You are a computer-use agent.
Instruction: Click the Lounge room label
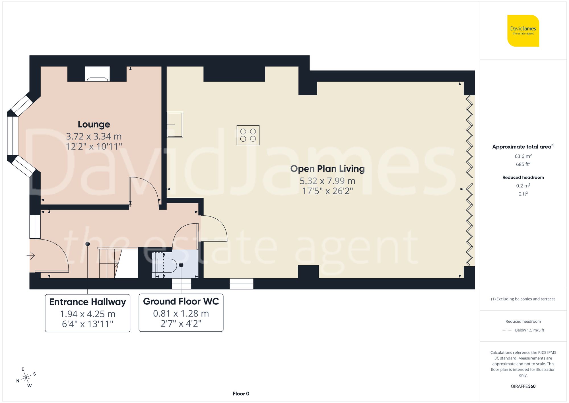click(94, 124)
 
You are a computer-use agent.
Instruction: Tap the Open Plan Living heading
click(327, 169)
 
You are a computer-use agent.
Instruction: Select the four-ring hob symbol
click(248, 135)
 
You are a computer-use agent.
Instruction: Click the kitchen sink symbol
click(175, 125)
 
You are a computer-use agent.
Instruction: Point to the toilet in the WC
click(168, 266)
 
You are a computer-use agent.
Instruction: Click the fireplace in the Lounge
click(97, 75)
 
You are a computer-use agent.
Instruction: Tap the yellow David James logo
click(523, 31)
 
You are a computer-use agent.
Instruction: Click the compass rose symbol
click(26, 378)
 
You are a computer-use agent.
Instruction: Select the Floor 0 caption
click(241, 394)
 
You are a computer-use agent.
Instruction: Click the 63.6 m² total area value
click(523, 156)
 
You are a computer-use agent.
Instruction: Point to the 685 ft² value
click(523, 164)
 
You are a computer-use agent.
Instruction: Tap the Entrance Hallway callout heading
click(87, 302)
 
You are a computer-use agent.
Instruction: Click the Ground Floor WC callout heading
click(181, 301)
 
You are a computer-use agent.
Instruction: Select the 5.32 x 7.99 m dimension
click(327, 181)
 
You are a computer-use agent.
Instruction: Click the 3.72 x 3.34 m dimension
click(94, 136)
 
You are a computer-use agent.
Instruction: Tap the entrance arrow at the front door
click(31, 255)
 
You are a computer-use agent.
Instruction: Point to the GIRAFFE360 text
click(523, 386)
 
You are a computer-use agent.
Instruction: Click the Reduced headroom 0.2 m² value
click(523, 186)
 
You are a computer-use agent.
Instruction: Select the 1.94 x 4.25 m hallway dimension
click(87, 314)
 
